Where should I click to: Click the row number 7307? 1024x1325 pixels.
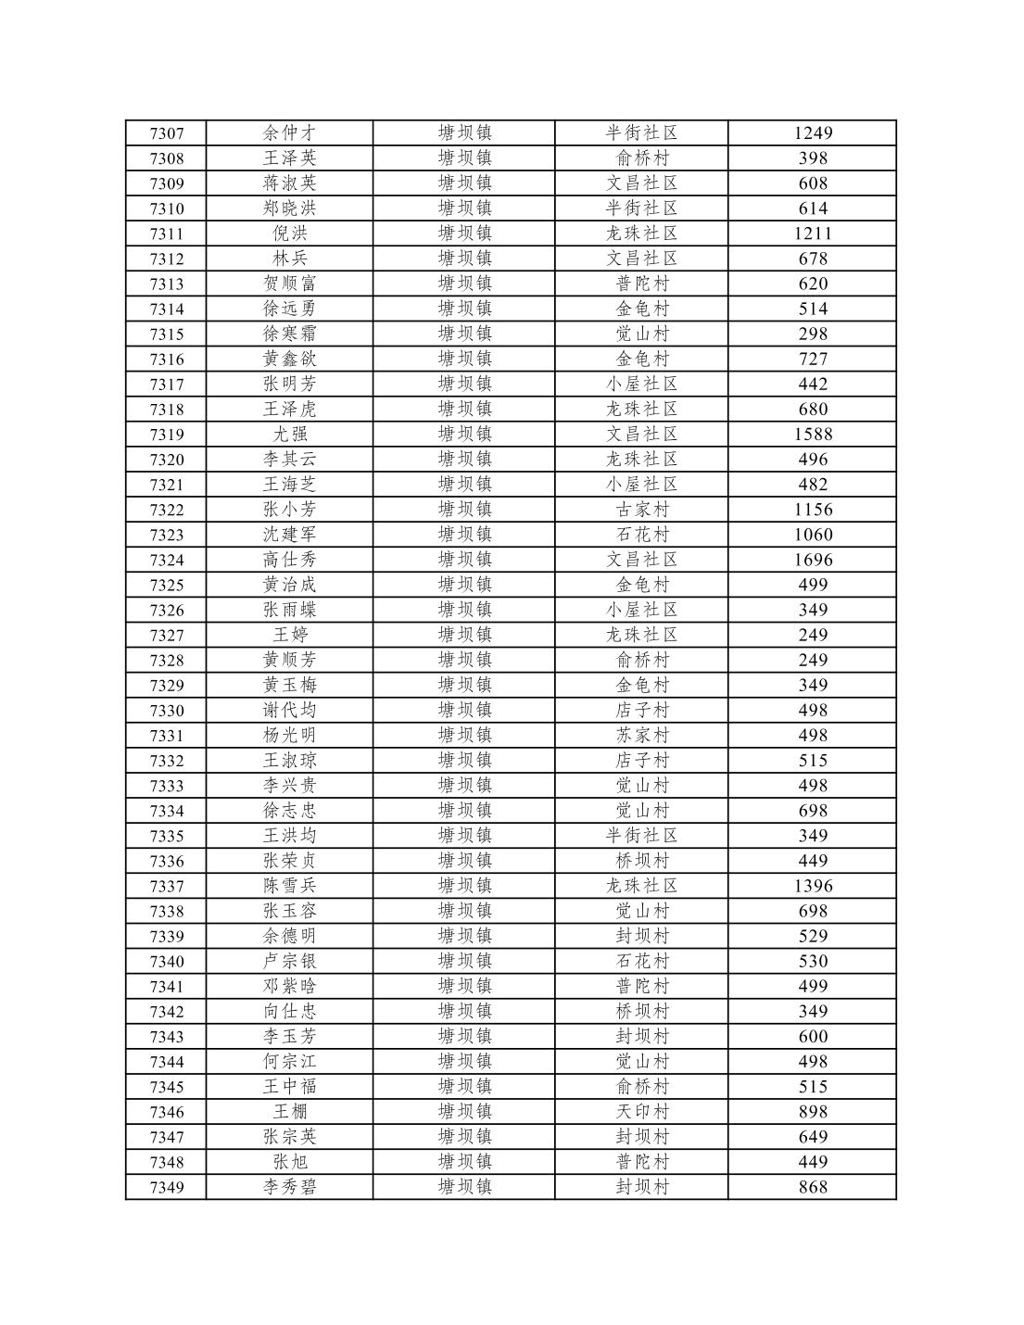[167, 133]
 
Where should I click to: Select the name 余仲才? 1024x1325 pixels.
[290, 133]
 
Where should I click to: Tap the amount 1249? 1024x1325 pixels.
[813, 133]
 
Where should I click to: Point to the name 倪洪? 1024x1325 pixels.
[290, 233]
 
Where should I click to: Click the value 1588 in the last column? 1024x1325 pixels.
[813, 435]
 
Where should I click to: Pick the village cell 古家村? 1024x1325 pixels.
[642, 510]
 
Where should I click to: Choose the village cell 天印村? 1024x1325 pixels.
[642, 1112]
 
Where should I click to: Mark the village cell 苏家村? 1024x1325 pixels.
[642, 736]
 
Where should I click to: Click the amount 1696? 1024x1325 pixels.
[813, 560]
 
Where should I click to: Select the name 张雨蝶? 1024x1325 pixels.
[290, 610]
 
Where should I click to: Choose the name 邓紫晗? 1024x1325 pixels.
[290, 987]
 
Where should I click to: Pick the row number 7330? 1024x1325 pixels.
[167, 711]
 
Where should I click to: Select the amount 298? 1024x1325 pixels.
[813, 334]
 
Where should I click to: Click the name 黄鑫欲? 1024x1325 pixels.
[290, 360]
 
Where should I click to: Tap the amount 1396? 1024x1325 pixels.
[813, 886]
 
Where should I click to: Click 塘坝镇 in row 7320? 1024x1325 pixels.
[464, 460]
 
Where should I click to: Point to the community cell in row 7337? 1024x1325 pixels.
[642, 886]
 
